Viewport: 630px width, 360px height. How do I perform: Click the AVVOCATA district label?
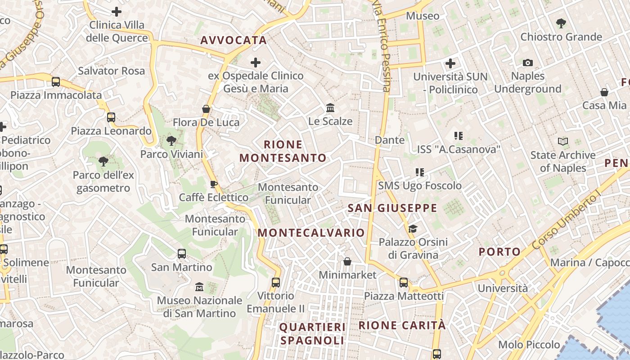point(234,40)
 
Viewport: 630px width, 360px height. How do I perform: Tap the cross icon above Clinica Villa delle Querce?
point(117,12)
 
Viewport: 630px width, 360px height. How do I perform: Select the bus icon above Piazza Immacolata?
point(56,82)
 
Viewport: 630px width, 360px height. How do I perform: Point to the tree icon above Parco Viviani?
point(171,141)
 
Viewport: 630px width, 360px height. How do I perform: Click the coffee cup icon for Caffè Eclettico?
point(214,184)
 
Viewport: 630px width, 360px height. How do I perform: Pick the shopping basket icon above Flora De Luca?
point(206,109)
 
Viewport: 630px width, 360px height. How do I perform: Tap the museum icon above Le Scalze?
point(330,108)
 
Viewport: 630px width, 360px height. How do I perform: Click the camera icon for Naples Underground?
point(528,63)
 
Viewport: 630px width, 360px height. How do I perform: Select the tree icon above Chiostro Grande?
point(561,23)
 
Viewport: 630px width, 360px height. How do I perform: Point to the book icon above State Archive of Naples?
point(562,142)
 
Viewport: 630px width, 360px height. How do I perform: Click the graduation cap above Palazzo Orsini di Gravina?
point(413,229)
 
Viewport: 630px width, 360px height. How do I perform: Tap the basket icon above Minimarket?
point(347,261)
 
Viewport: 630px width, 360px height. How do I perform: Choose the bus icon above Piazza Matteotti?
point(404,283)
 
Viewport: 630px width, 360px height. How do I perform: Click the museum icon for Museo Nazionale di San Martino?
point(199,287)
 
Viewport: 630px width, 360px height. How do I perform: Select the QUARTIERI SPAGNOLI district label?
point(312,333)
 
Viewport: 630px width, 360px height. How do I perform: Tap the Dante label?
point(390,140)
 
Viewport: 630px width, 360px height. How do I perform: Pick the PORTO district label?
point(499,252)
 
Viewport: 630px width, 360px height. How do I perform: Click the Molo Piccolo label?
point(529,345)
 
